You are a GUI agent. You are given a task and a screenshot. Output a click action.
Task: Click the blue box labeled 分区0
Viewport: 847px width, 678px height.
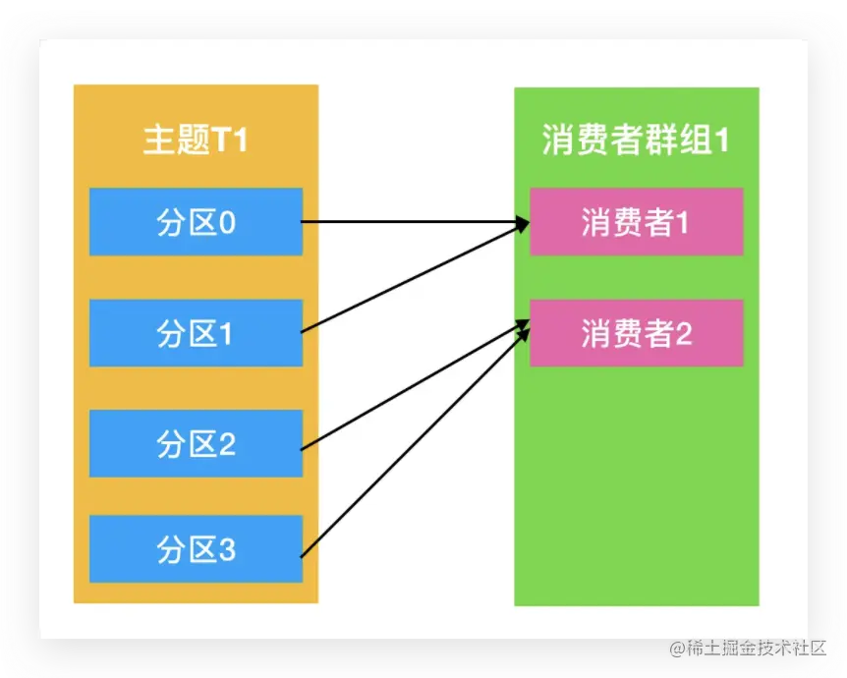(x=196, y=222)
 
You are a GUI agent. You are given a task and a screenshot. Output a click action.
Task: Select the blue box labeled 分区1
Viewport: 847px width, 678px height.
(x=196, y=333)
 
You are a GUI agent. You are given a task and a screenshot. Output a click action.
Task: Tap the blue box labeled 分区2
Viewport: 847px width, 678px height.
(x=196, y=444)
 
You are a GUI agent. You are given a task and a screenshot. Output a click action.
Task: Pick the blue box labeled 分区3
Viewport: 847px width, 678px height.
(x=196, y=548)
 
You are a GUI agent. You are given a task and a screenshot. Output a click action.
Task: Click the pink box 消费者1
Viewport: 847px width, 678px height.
(x=636, y=222)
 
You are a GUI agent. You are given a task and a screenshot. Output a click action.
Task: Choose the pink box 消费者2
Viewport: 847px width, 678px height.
(x=636, y=333)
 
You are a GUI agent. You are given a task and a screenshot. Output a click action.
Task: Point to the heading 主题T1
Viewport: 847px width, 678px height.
(x=196, y=141)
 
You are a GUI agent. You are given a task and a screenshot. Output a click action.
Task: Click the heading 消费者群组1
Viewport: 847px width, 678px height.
(x=636, y=141)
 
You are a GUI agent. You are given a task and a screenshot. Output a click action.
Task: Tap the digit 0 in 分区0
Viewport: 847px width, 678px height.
(x=226, y=223)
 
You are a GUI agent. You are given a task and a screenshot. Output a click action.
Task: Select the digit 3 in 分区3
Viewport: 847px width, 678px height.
(x=226, y=549)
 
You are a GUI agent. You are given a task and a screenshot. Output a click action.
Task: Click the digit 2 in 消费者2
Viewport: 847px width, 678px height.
(x=682, y=334)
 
